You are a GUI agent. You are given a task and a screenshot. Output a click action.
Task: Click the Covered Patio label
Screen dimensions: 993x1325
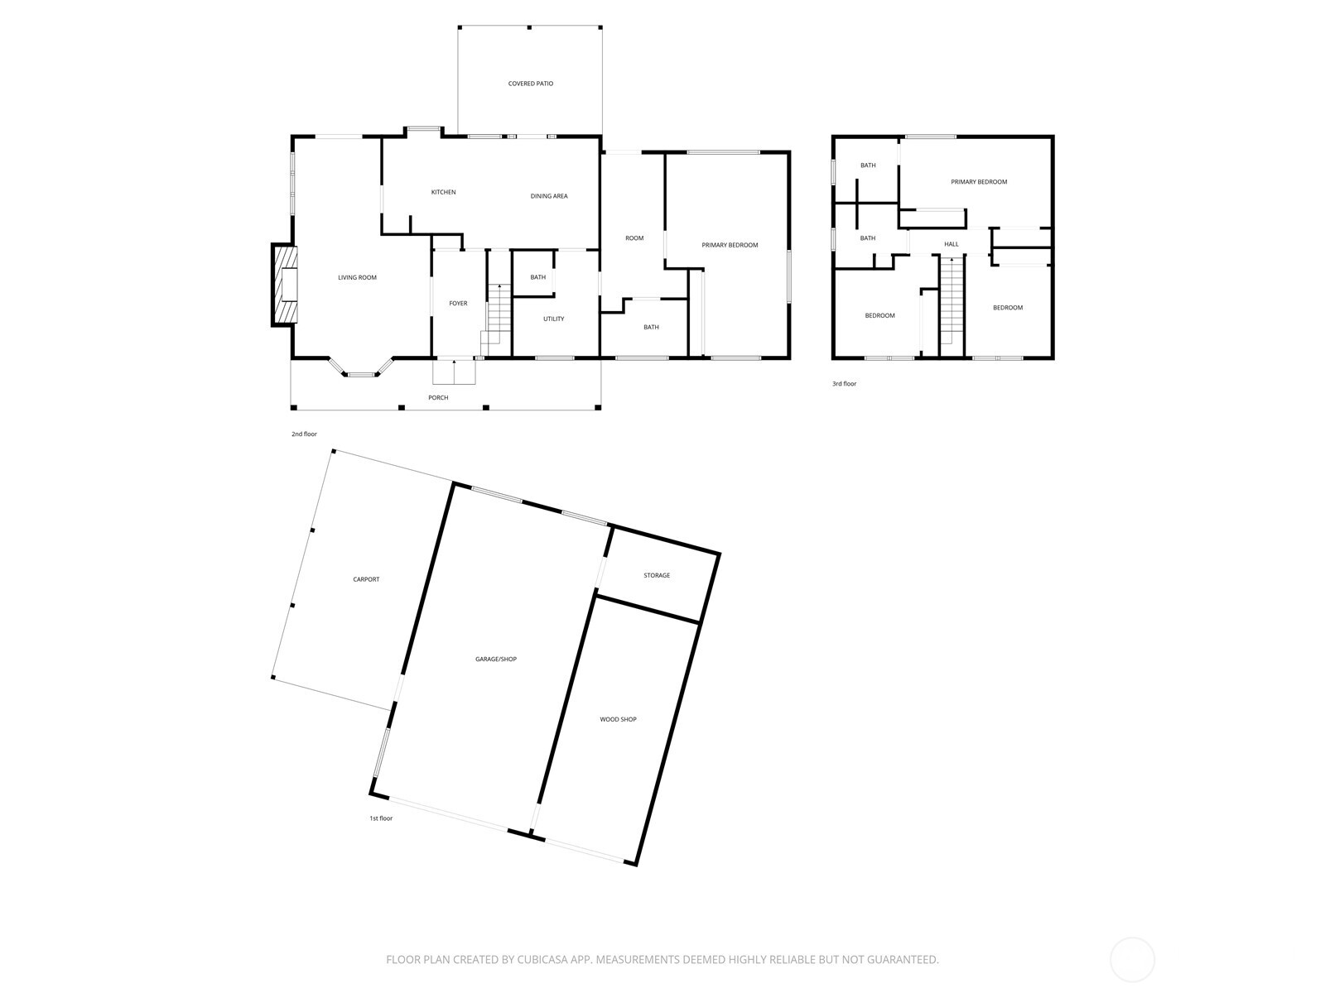(x=530, y=84)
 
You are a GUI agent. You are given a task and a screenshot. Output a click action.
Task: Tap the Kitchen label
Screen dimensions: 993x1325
(x=443, y=192)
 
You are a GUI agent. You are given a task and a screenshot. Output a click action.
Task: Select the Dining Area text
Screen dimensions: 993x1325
(x=548, y=196)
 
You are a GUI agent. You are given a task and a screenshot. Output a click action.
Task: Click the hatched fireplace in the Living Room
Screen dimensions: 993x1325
(x=284, y=285)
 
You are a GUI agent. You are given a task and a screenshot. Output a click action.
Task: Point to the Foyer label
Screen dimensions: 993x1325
(x=458, y=304)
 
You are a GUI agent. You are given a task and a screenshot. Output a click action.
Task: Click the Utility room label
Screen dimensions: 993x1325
(x=553, y=319)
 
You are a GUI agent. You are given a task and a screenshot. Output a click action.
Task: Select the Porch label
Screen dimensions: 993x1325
(x=438, y=398)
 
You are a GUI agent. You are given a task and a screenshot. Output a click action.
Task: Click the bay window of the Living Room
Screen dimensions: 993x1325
(x=360, y=373)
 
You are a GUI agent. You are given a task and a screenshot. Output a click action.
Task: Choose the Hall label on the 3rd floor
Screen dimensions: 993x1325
(x=951, y=244)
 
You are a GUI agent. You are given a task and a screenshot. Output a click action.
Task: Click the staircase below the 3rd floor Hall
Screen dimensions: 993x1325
(x=952, y=302)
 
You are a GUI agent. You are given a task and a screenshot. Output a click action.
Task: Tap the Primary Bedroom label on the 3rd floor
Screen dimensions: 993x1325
(x=979, y=182)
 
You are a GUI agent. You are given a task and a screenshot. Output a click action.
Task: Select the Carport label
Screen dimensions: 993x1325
(x=366, y=579)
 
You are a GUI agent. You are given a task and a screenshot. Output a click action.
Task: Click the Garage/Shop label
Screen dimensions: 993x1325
(x=495, y=660)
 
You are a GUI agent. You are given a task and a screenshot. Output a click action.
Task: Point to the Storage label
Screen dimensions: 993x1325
(x=657, y=575)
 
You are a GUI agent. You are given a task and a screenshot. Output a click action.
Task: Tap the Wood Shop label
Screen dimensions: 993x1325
(x=618, y=720)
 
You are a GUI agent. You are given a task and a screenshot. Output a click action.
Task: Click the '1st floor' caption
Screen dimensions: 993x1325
(x=381, y=818)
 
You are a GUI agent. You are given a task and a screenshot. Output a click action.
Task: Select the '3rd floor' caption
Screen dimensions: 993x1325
(x=844, y=384)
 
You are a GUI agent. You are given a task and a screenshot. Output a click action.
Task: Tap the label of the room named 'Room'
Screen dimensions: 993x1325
(x=634, y=238)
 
